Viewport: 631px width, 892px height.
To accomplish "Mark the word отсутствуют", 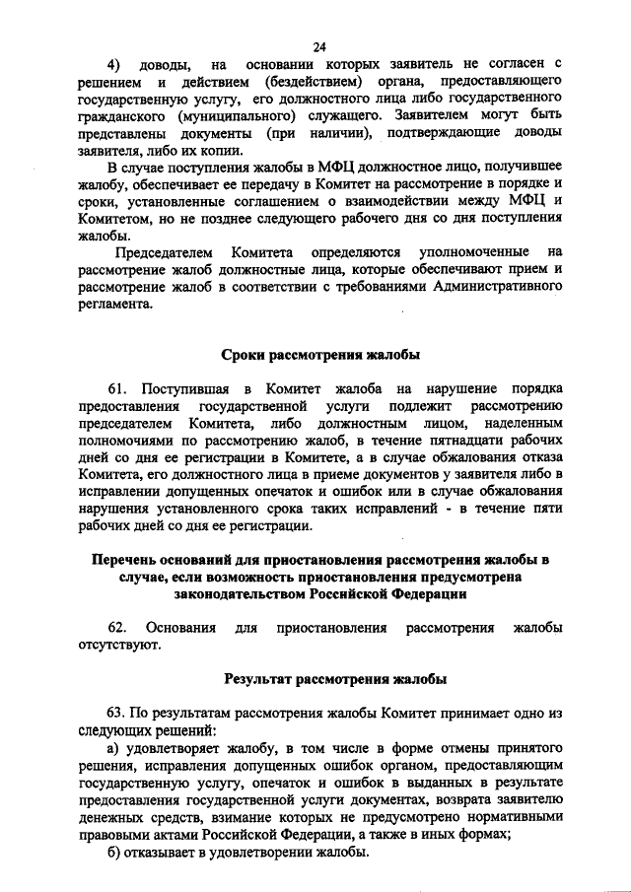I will [x=118, y=646].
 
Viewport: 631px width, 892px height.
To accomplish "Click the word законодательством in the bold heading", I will [x=243, y=594].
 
